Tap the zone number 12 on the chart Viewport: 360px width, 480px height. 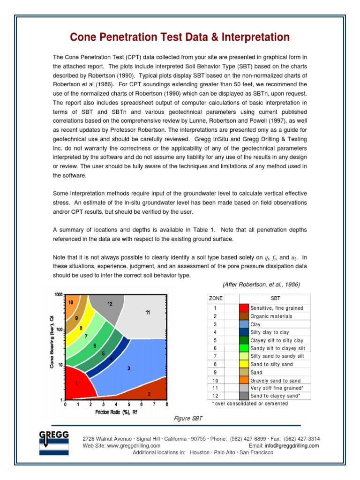tap(110, 304)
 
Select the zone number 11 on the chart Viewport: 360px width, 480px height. tap(148, 312)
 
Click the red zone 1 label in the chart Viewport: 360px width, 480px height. tap(76, 383)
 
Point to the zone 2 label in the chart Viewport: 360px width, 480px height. tap(149, 394)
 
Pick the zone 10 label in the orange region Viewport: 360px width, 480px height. tap(70, 302)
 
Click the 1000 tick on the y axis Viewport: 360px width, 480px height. tap(58, 295)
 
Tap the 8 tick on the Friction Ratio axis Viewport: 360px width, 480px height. tap(167, 404)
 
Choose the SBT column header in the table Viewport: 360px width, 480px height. tap(275, 299)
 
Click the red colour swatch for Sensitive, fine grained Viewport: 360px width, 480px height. tap(244, 308)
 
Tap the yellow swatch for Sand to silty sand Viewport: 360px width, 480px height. tap(244, 364)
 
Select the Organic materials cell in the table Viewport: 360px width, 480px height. tap(271, 316)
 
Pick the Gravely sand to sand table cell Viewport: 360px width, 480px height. tap(275, 381)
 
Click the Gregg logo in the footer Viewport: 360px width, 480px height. tap(53, 443)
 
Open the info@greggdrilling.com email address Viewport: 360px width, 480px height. tap(292, 445)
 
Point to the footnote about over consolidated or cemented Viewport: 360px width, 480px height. tap(250, 404)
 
